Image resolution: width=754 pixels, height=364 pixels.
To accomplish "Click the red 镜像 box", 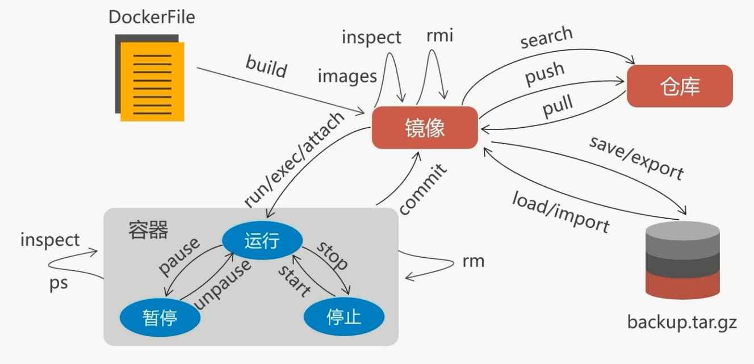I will (425, 128).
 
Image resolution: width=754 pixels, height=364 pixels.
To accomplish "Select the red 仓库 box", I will (680, 86).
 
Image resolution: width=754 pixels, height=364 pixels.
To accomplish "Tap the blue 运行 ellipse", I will (262, 240).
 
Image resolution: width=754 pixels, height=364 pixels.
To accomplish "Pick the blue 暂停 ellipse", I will (160, 317).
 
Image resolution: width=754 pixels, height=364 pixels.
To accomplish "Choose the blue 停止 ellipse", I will (344, 316).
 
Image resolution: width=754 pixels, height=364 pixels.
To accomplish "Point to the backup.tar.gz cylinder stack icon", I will (682, 260).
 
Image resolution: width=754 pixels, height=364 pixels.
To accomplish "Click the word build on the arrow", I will (266, 66).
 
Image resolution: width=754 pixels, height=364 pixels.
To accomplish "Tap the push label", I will (544, 73).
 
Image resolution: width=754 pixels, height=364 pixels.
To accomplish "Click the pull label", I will (557, 106).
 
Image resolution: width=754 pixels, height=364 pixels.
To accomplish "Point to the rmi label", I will (439, 36).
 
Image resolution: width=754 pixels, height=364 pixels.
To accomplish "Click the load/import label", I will (560, 211).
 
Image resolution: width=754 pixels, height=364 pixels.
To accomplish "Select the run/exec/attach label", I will (294, 160).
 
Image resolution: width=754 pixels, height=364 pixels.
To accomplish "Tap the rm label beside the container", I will (474, 261).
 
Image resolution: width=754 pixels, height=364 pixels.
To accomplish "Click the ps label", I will (58, 283).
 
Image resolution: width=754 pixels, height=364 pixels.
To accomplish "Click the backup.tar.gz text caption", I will (681, 323).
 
